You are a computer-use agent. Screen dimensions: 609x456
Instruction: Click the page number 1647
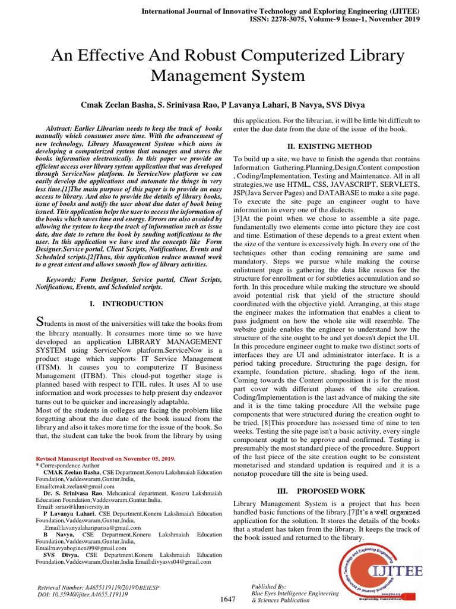pos(227,599)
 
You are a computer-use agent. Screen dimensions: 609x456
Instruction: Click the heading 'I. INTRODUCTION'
pos(126,304)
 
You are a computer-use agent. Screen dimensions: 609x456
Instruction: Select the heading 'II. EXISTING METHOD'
pos(327,146)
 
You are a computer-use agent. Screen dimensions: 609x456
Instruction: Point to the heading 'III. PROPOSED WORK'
pos(327,491)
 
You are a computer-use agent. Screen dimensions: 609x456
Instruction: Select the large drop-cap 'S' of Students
pos(40,322)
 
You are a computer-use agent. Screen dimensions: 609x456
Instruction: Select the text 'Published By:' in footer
pos(269,586)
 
